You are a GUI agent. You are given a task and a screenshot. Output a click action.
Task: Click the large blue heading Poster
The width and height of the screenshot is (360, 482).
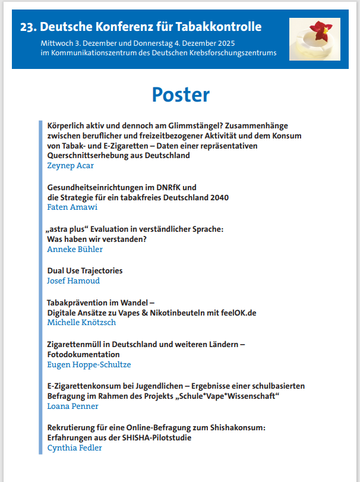pos(181,94)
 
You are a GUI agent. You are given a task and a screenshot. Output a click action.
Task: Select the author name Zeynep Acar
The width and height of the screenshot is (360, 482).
pos(70,166)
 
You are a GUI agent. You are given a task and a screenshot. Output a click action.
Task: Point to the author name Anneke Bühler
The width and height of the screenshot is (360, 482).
pos(75,249)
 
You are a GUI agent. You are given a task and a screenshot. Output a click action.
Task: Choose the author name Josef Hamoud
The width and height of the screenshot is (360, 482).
pos(74,281)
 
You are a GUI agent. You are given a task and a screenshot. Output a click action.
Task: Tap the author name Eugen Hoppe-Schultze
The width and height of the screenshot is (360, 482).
pos(89,364)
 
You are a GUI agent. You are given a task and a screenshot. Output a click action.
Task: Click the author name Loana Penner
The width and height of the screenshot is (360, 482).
pos(72,406)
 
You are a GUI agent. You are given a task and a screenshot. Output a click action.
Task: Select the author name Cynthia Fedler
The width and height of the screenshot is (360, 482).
pos(74,448)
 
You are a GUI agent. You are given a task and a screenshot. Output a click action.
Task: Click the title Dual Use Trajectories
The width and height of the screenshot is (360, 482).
pos(85,270)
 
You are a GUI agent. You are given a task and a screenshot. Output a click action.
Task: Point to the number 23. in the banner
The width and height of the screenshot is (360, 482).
pos(28,27)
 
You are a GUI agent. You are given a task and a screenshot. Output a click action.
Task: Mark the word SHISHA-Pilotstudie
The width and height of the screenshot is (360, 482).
pos(154,437)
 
